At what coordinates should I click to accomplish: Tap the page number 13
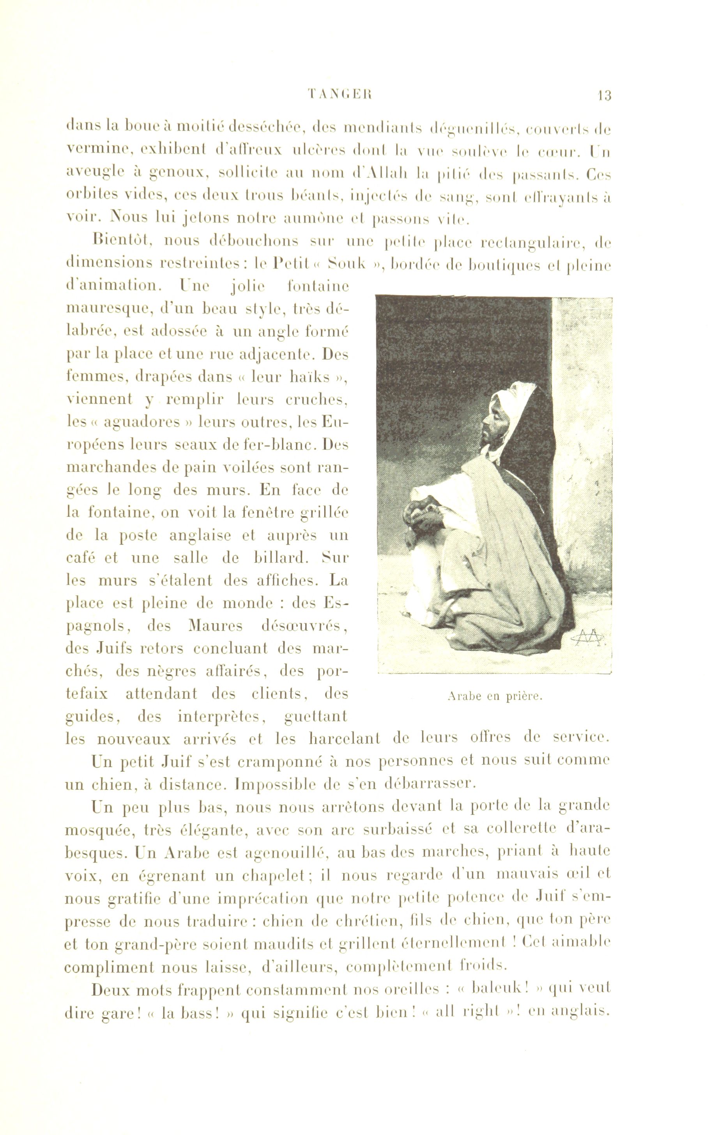603,96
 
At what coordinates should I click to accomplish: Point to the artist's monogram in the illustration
588,637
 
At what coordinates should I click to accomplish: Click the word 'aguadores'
142,422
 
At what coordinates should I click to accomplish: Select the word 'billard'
281,558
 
